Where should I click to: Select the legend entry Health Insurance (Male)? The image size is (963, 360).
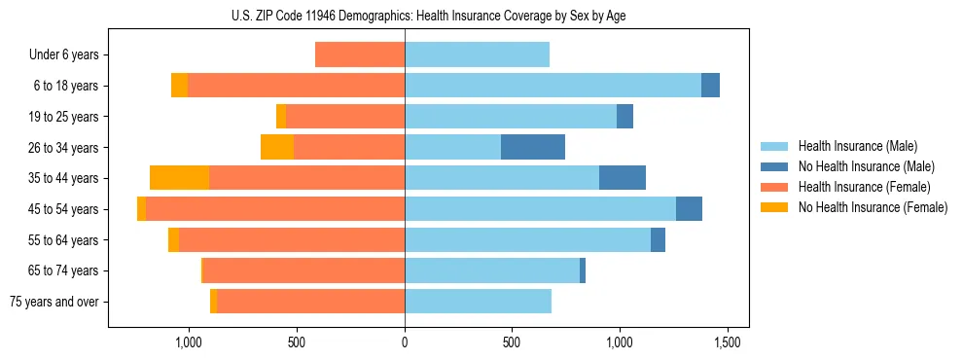coord(857,146)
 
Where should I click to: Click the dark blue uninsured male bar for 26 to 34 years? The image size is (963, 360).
coord(533,147)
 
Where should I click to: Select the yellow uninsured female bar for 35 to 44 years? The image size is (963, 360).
coord(180,178)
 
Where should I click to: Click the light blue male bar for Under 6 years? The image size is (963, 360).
coord(477,54)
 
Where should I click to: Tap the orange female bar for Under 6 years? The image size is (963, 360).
coord(360,54)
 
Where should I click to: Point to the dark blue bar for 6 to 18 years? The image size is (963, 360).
coord(710,86)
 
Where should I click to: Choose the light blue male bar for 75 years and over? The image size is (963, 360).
coord(478,302)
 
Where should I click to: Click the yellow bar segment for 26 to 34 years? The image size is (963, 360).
coord(277,147)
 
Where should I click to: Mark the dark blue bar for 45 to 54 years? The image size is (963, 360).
coord(689,209)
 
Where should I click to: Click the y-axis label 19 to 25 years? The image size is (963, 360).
coord(64,117)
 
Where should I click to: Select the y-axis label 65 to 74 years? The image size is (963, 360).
coord(64,270)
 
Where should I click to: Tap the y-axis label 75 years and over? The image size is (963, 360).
coord(54,302)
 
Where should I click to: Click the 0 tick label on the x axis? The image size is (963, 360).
coord(405,342)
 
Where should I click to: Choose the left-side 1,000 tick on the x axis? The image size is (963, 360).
coord(188,342)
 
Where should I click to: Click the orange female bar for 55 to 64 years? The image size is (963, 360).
coord(292,240)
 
